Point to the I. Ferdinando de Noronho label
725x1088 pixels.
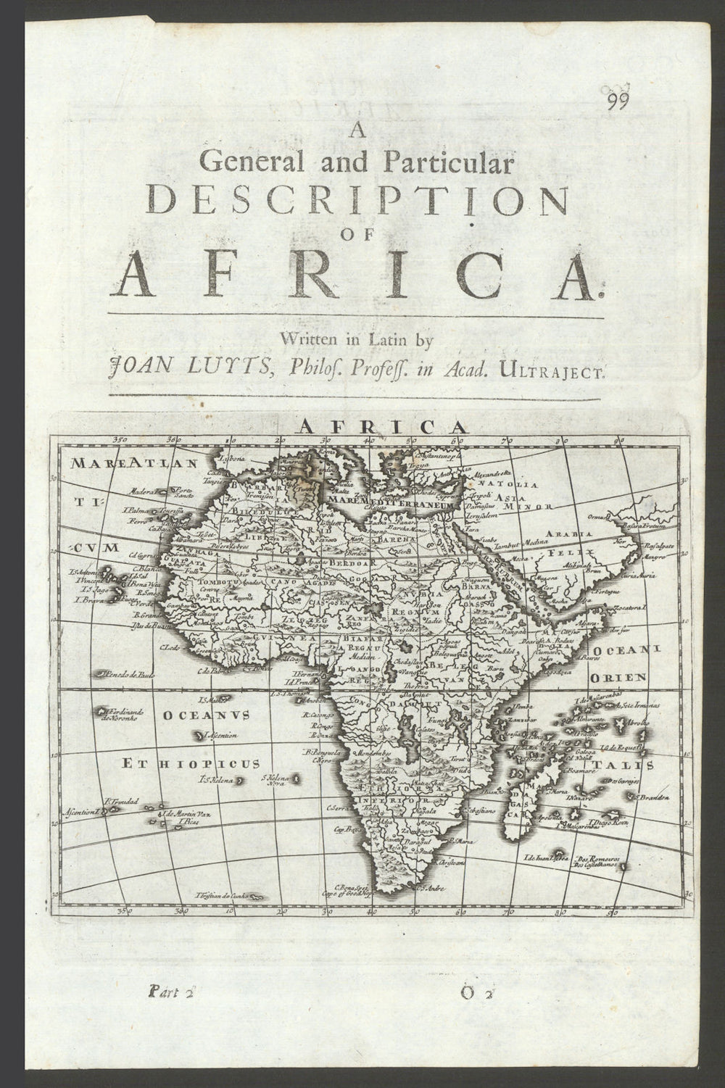pos(128,714)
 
